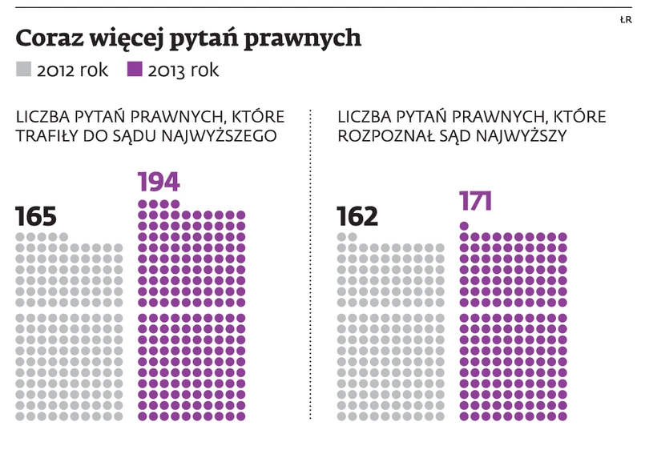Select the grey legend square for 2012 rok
[23, 70]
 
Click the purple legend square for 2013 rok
[135, 70]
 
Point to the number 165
[35, 217]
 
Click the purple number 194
[159, 183]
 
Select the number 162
[357, 217]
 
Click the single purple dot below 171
[464, 226]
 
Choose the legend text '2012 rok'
[72, 70]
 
